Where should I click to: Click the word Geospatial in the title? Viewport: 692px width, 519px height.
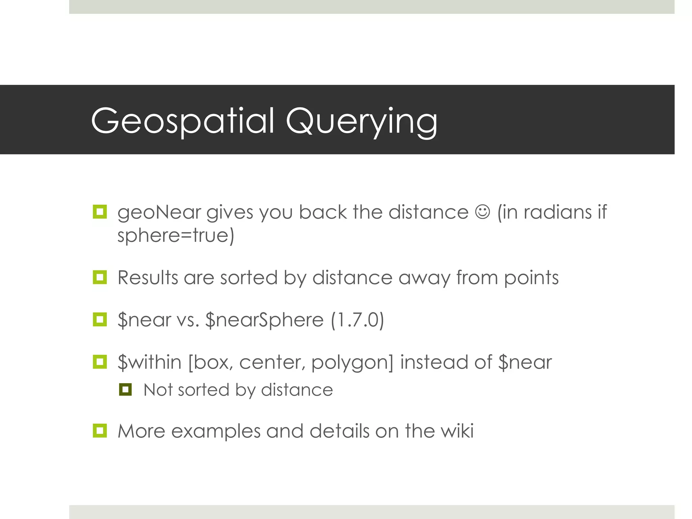pos(183,121)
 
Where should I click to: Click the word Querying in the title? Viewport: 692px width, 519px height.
pos(362,122)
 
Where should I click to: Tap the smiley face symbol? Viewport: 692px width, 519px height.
pos(483,212)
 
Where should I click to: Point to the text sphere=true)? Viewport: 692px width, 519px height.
pos(176,236)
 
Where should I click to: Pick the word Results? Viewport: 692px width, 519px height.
pos(148,278)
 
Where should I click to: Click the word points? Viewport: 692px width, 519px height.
pos(531,278)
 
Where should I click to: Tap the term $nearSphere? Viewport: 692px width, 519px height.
pos(265,320)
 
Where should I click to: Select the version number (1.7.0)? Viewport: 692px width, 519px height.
pos(357,320)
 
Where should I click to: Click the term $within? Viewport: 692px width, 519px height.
pos(150,362)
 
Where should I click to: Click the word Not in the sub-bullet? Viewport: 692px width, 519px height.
pos(157,390)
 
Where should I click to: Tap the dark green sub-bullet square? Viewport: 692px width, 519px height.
pos(125,390)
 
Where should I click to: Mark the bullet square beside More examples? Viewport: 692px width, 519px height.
pos(100,431)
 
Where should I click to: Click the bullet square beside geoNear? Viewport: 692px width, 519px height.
pos(100,212)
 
